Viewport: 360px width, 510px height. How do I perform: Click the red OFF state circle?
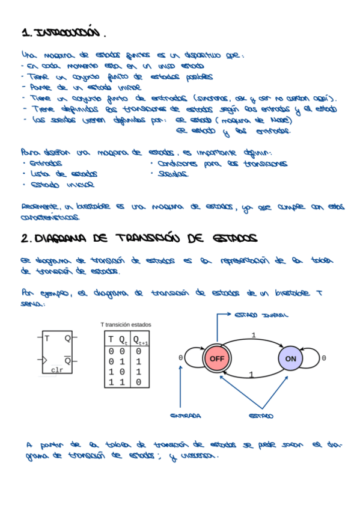pyautogui.click(x=216, y=358)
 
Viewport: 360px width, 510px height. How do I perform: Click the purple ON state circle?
pyautogui.click(x=291, y=359)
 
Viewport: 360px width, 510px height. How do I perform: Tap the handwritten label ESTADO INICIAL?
pyautogui.click(x=261, y=315)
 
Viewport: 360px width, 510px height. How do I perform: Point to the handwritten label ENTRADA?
pyautogui.click(x=186, y=416)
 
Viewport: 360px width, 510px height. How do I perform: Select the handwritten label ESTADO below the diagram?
pyautogui.click(x=260, y=416)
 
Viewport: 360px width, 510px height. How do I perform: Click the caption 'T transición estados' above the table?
pyautogui.click(x=126, y=325)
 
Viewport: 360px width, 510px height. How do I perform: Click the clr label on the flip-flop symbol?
pyautogui.click(x=57, y=370)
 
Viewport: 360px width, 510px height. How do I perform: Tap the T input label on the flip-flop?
pyautogui.click(x=47, y=339)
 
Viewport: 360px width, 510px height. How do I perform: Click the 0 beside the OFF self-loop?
pyautogui.click(x=180, y=358)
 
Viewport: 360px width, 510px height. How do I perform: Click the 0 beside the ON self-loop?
pyautogui.click(x=324, y=358)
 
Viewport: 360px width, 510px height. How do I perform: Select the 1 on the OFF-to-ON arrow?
pyautogui.click(x=254, y=335)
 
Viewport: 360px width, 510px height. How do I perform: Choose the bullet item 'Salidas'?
pyautogui.click(x=173, y=174)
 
